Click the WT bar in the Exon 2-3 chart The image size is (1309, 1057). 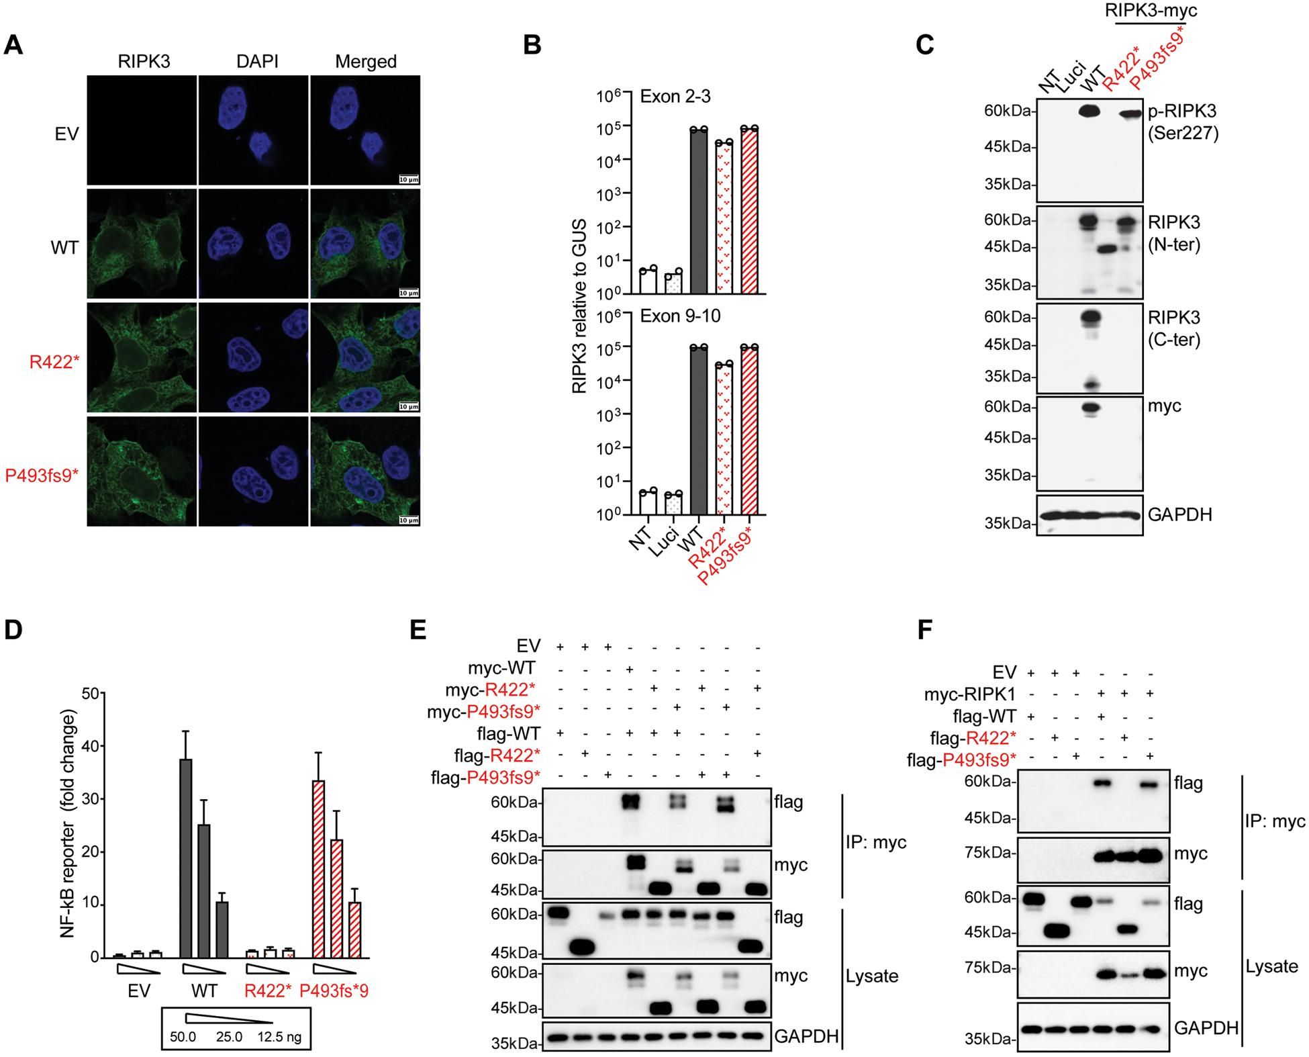point(699,211)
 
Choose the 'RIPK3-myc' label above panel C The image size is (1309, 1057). point(1151,11)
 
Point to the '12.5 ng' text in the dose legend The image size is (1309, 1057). point(279,1038)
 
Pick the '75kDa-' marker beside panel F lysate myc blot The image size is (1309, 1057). point(991,968)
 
